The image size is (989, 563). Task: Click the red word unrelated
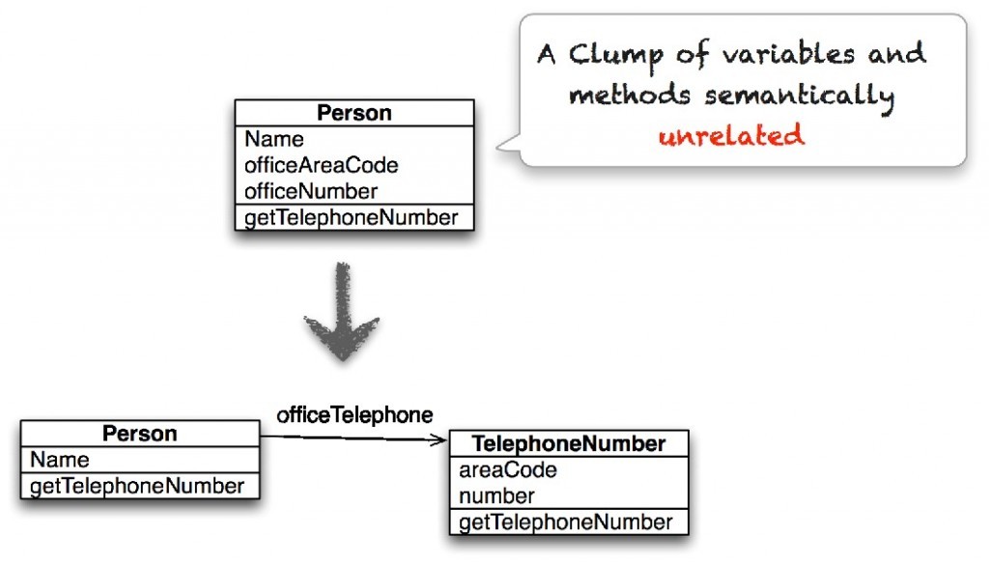coord(732,135)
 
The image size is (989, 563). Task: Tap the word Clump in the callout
coord(616,56)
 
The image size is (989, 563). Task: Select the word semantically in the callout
coord(800,97)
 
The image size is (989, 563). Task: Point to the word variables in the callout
coord(788,53)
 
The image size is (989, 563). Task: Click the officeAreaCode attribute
coord(321,165)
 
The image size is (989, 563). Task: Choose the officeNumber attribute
coord(311,191)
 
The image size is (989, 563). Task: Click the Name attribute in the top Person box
coord(273,139)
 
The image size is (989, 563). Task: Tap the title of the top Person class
coord(353,113)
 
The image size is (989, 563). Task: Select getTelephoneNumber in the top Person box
coord(351,217)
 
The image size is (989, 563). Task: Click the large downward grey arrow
coord(343,312)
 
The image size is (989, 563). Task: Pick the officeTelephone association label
coord(354,415)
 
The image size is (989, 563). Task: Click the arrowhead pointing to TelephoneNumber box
coord(439,440)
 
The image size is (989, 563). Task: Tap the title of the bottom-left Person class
coord(139,434)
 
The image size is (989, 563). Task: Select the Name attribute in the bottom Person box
coord(59,460)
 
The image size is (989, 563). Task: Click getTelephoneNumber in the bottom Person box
coord(137,486)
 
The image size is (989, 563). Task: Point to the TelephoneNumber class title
coord(569,444)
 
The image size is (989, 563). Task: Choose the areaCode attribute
coord(508,469)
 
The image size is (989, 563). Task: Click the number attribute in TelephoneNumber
coord(496,496)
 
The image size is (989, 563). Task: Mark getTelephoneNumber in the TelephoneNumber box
coord(566,522)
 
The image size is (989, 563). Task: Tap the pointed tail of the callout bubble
coord(498,147)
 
